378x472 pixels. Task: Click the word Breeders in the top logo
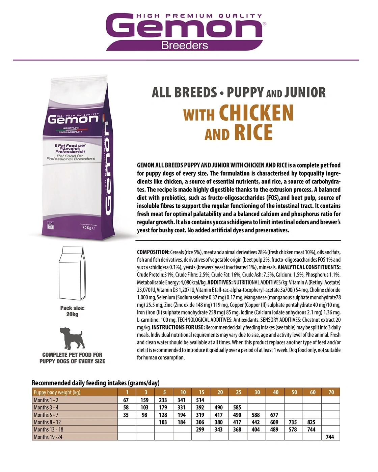(185, 45)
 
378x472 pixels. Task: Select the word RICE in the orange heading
(254, 132)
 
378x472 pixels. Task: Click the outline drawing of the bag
(72, 273)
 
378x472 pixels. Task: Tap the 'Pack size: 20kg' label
(72, 311)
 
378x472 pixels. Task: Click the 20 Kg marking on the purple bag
(88, 228)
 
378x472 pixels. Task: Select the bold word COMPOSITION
(153, 252)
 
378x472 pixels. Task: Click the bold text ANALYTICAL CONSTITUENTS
(309, 267)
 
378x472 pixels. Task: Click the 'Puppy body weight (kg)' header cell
(57, 392)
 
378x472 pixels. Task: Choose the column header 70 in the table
(331, 392)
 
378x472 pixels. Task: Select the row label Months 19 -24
(48, 437)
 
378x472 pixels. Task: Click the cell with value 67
(126, 400)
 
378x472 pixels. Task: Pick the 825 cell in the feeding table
(311, 422)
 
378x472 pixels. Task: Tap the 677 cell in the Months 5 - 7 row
(274, 415)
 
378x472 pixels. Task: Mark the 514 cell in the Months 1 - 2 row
(200, 400)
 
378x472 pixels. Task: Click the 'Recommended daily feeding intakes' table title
(96, 383)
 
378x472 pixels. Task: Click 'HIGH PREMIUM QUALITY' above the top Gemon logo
(199, 16)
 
